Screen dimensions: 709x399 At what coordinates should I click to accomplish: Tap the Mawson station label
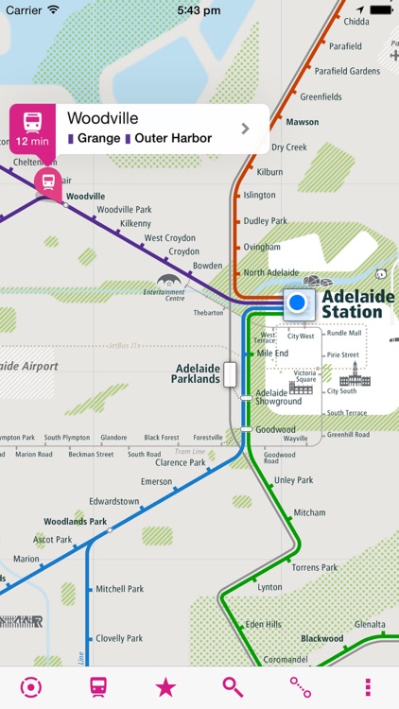(302, 122)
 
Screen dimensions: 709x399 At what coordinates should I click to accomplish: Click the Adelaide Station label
(357, 303)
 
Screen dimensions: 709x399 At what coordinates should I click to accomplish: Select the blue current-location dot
(298, 303)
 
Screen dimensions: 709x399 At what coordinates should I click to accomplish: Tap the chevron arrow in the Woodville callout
(246, 129)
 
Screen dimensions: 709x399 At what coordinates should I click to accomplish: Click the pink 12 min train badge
(32, 129)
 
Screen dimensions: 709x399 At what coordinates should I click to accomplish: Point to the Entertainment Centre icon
(167, 283)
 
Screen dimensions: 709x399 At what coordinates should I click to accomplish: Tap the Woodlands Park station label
(76, 521)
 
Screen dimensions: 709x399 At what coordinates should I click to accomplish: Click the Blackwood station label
(321, 638)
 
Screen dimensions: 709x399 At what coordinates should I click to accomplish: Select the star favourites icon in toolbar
(165, 687)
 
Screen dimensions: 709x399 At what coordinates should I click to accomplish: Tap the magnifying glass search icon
(233, 687)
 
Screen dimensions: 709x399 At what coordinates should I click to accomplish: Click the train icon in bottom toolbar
(98, 687)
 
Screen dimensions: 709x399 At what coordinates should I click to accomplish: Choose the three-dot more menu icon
(368, 687)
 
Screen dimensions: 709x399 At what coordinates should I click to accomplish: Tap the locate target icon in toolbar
(31, 687)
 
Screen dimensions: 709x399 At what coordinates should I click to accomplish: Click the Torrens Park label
(314, 567)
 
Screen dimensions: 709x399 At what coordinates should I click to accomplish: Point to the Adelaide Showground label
(278, 397)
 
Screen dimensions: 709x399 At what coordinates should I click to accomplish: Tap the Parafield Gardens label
(347, 71)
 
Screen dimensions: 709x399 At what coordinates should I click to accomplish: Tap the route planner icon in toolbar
(301, 687)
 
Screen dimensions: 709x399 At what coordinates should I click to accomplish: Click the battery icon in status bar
(380, 9)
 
